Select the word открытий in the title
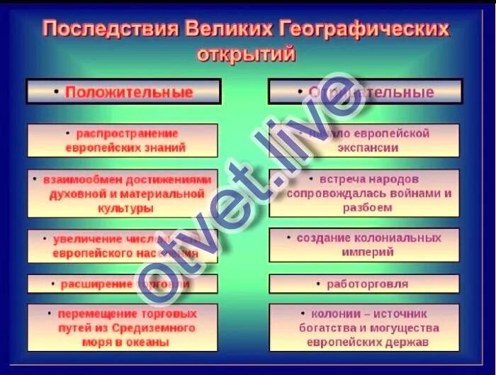pyautogui.click(x=245, y=54)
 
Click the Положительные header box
pyautogui.click(x=123, y=91)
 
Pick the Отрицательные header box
pyautogui.click(x=365, y=92)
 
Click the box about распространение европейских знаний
pyautogui.click(x=123, y=140)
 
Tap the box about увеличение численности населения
pyautogui.click(x=123, y=245)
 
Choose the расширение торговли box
pyautogui.click(x=123, y=284)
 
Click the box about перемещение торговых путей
pyautogui.click(x=123, y=327)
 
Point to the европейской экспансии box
pyautogui.click(x=365, y=140)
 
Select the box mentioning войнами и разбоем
pyautogui.click(x=365, y=193)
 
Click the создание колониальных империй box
pyautogui.click(x=365, y=245)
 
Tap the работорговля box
pyautogui.click(x=365, y=284)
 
